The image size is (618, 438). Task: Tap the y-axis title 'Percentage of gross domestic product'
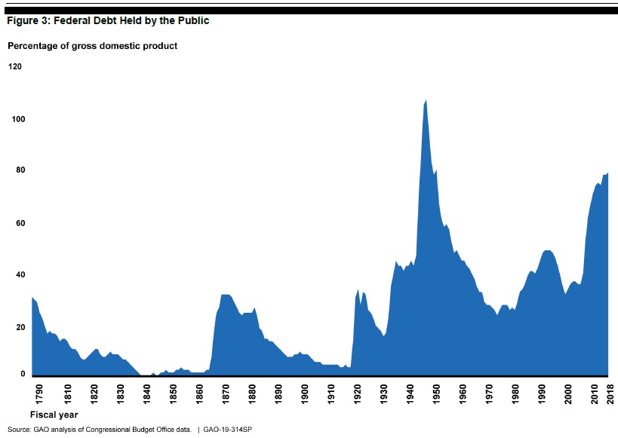pos(92,46)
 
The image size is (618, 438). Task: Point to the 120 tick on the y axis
pos(15,66)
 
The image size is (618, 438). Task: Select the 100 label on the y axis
pos(15,119)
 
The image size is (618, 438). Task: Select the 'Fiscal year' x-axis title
pos(54,415)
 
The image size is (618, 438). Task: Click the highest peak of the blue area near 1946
pos(426,101)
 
